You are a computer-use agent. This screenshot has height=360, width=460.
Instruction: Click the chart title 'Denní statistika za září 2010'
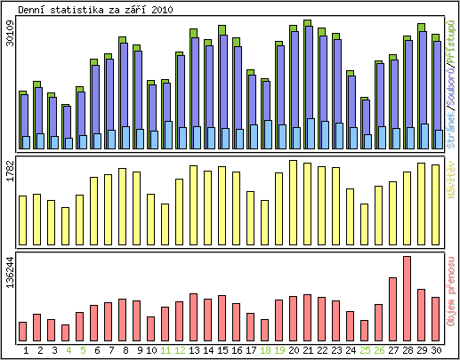95,9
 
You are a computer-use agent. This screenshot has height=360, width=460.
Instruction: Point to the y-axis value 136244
10,272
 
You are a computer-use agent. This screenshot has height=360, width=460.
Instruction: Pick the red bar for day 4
65,332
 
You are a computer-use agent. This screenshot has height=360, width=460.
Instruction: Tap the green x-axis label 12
180,351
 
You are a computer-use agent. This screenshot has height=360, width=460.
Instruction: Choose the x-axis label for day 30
436,351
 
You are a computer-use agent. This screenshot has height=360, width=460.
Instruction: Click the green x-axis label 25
365,351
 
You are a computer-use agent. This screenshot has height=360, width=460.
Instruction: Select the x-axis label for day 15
222,351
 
